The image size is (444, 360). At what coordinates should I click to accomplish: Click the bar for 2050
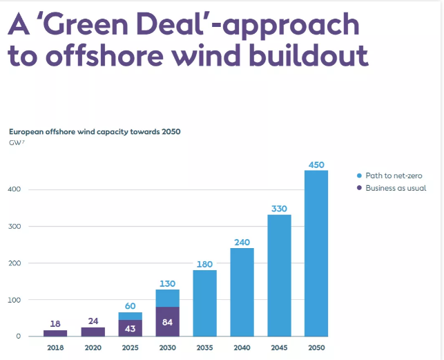[316, 254]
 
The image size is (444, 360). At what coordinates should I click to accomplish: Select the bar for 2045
[279, 276]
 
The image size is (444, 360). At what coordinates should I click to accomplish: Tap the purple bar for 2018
[55, 333]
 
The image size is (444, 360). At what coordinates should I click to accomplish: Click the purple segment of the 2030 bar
[168, 321]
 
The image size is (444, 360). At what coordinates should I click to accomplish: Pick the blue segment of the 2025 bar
[130, 316]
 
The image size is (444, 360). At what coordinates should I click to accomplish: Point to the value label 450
[316, 164]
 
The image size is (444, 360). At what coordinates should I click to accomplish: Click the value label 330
[279, 209]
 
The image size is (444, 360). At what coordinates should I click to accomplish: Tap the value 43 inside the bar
[130, 329]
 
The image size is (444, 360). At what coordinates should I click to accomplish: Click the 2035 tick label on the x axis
[204, 347]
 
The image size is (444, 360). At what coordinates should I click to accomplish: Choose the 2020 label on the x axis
[93, 347]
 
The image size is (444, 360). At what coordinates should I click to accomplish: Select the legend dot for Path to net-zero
[360, 176]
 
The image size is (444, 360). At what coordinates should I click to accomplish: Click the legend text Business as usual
[396, 188]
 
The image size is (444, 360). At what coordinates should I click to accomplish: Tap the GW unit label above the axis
[17, 142]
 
